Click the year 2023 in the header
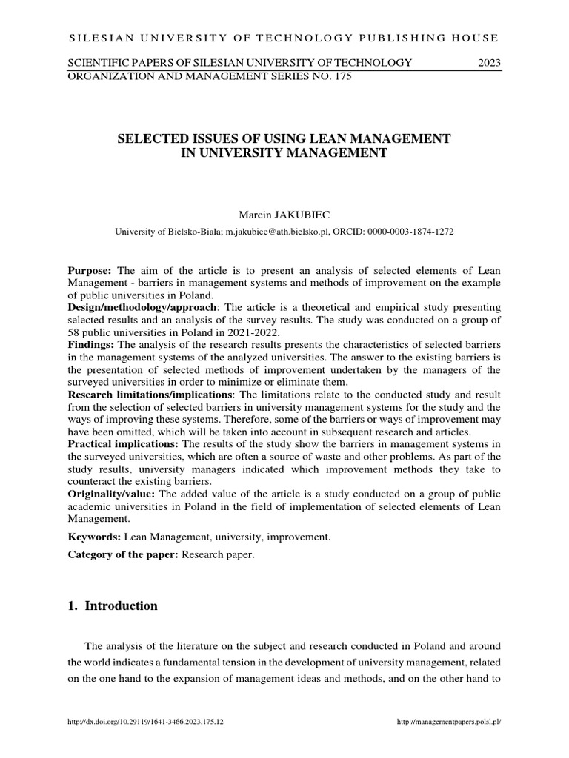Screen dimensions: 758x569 click(x=489, y=63)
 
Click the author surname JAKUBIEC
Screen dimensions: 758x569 click(x=295, y=215)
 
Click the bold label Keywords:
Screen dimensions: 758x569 click(x=94, y=536)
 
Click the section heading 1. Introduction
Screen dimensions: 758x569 click(x=113, y=606)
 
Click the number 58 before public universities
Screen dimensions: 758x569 click(x=75, y=332)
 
